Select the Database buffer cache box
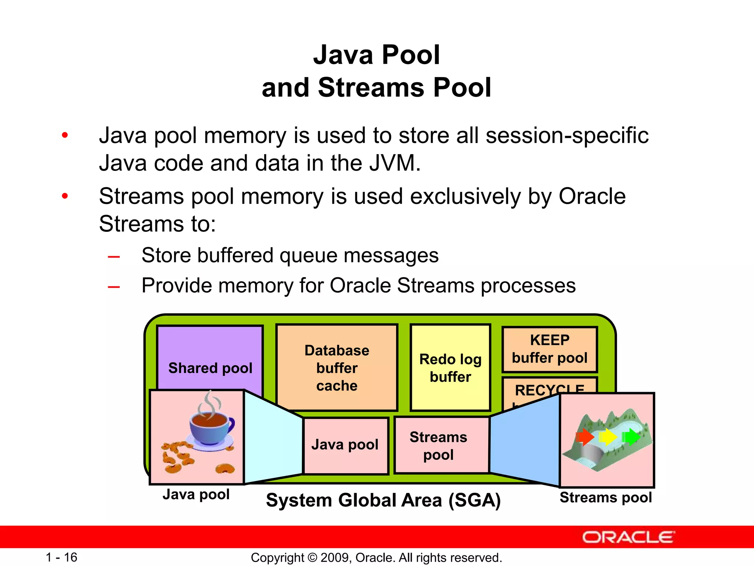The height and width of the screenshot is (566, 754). (x=337, y=367)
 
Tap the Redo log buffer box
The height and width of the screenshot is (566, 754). (x=450, y=367)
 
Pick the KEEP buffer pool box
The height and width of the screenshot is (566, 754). (x=549, y=349)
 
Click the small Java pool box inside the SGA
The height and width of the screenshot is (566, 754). (x=345, y=445)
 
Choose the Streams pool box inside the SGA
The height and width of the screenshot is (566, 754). (x=441, y=445)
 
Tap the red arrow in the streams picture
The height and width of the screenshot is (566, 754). (x=585, y=437)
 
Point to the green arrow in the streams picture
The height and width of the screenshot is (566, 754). (x=631, y=437)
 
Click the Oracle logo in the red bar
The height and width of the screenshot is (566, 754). (x=628, y=537)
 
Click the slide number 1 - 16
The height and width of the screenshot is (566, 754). (x=61, y=557)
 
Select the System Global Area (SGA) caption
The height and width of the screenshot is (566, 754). (x=383, y=500)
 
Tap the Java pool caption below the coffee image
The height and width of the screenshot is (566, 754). (x=196, y=495)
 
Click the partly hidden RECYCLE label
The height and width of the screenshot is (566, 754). (x=549, y=389)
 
